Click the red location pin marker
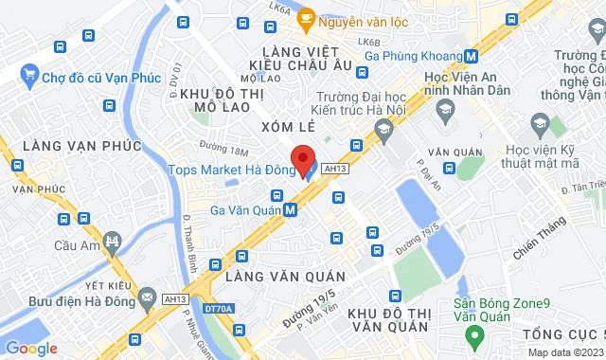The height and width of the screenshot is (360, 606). (302, 158)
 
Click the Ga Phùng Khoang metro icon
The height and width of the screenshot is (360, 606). (472, 56)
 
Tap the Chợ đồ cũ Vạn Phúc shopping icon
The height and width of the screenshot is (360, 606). (28, 75)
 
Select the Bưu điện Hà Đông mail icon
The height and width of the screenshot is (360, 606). (147, 299)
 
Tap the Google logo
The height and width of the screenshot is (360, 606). (31, 349)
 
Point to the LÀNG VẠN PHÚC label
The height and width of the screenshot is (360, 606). (81, 146)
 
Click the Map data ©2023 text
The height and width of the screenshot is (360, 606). (564, 352)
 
